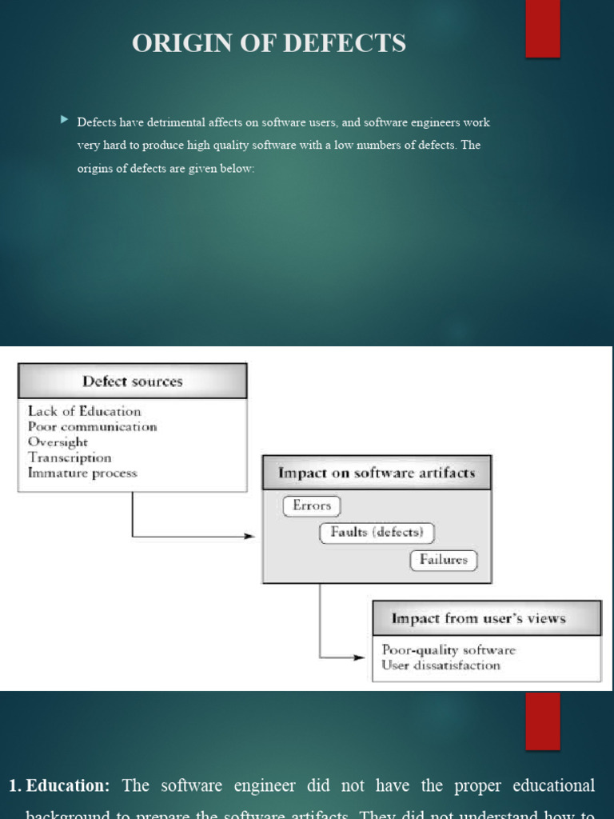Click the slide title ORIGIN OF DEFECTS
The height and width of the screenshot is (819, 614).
269,43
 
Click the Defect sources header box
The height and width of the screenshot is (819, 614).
132,382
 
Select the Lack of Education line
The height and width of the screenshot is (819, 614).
84,411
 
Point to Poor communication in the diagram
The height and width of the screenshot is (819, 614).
92,426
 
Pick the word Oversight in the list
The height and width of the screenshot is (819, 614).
58,441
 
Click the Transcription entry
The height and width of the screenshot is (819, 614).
70,457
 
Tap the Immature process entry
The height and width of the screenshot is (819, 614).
82,473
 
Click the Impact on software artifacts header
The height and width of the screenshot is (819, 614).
377,473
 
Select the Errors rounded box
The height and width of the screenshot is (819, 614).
312,505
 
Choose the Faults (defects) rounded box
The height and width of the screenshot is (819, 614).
377,533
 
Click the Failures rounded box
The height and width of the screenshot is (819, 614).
444,560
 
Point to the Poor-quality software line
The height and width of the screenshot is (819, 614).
449,649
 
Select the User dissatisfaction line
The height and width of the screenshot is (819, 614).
441,665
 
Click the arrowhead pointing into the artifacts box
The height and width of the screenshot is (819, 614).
250,536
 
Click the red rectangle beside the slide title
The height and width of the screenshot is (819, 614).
542,29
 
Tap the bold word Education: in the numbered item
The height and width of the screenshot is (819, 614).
68,785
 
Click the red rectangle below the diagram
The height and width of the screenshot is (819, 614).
542,721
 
